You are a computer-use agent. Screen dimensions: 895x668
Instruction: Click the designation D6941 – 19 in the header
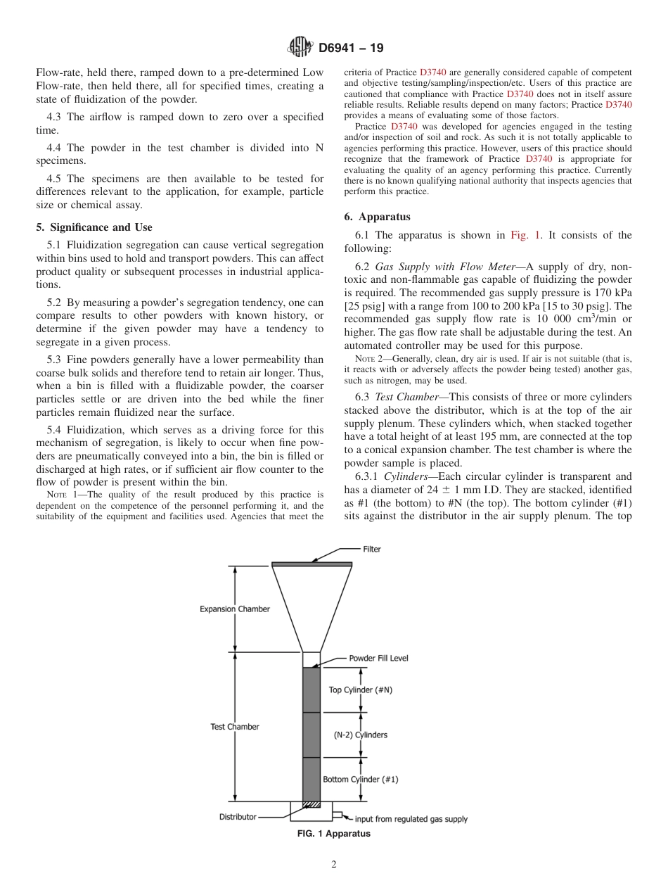pyautogui.click(x=351, y=49)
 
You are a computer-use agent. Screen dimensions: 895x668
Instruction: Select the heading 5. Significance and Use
pyautogui.click(x=94, y=227)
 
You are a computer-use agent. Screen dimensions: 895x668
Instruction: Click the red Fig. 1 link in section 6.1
pyautogui.click(x=525, y=235)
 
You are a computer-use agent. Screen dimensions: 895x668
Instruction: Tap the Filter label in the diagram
pyautogui.click(x=372, y=549)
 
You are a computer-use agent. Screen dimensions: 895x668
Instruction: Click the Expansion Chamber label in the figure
pyautogui.click(x=234, y=609)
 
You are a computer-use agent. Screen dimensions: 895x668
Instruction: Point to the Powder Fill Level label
pyautogui.click(x=378, y=658)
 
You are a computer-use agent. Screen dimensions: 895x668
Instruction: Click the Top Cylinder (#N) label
pyautogui.click(x=361, y=690)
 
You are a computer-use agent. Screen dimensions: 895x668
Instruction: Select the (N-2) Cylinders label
pyautogui.click(x=360, y=735)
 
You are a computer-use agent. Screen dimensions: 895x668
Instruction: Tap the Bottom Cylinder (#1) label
pyautogui.click(x=361, y=779)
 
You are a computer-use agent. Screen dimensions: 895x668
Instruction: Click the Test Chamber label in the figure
pyautogui.click(x=234, y=726)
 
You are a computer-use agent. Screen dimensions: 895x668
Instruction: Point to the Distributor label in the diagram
pyautogui.click(x=238, y=817)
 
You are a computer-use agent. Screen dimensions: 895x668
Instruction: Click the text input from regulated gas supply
pyautogui.click(x=411, y=818)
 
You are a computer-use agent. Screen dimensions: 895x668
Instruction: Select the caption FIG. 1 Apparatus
pyautogui.click(x=334, y=834)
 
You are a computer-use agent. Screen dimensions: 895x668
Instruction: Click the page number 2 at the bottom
pyautogui.click(x=334, y=865)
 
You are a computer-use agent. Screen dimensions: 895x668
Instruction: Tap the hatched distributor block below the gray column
pyautogui.click(x=311, y=804)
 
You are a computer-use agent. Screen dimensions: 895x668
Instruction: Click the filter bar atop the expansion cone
pyautogui.click(x=311, y=564)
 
